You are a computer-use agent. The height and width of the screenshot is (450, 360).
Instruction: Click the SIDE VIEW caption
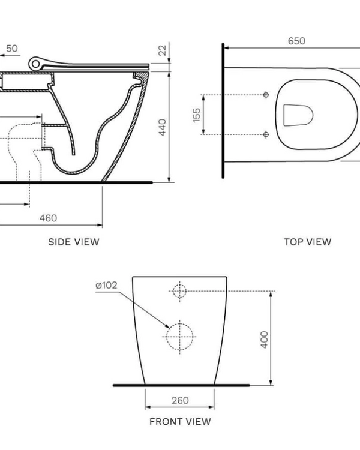(x=73, y=242)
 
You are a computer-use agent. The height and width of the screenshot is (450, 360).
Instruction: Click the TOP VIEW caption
(x=307, y=242)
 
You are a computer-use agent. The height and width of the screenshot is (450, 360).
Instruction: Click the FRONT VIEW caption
(x=180, y=421)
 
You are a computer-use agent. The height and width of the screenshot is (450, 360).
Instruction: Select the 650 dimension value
(x=296, y=41)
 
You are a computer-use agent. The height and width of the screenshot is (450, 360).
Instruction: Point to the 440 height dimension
(x=161, y=127)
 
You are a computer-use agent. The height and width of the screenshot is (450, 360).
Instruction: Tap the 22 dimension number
(x=161, y=52)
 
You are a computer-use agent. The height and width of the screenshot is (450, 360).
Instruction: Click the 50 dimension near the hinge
(x=12, y=47)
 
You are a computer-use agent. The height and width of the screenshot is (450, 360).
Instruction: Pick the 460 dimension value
(x=48, y=218)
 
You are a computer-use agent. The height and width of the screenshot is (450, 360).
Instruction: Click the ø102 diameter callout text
(x=106, y=285)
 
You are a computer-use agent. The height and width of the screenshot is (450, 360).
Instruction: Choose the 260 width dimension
(x=180, y=400)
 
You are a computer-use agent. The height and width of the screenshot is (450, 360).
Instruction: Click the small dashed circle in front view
(x=179, y=291)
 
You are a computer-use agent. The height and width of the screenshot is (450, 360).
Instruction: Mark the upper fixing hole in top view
(x=266, y=95)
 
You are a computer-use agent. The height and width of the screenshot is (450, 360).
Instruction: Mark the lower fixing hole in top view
(x=266, y=134)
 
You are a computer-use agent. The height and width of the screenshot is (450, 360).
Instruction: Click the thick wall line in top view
(x=223, y=111)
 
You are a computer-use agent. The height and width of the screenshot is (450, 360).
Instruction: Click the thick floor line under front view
(x=180, y=384)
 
